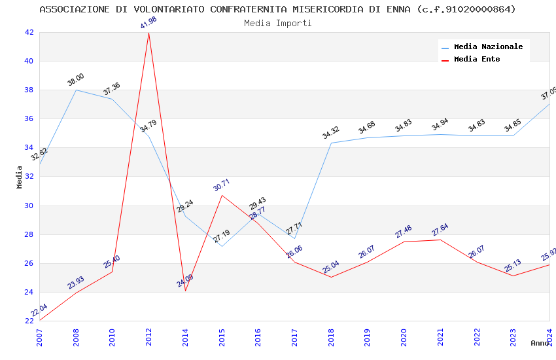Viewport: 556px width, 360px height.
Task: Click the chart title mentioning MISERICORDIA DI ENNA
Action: [277, 9]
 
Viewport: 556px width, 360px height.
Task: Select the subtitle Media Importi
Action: [277, 23]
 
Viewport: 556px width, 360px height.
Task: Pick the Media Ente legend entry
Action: [477, 59]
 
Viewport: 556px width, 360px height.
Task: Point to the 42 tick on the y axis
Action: [29, 32]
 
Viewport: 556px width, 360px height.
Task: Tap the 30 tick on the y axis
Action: [29, 206]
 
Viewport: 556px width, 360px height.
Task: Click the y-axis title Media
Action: [20, 177]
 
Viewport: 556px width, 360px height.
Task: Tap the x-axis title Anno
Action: [540, 343]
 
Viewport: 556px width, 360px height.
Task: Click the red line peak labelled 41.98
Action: [149, 33]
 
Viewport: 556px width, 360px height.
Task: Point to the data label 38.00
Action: [76, 80]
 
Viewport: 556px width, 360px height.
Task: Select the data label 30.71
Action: [222, 185]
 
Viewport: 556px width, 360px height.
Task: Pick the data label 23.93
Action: [76, 282]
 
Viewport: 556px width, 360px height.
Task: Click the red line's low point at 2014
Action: [186, 291]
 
